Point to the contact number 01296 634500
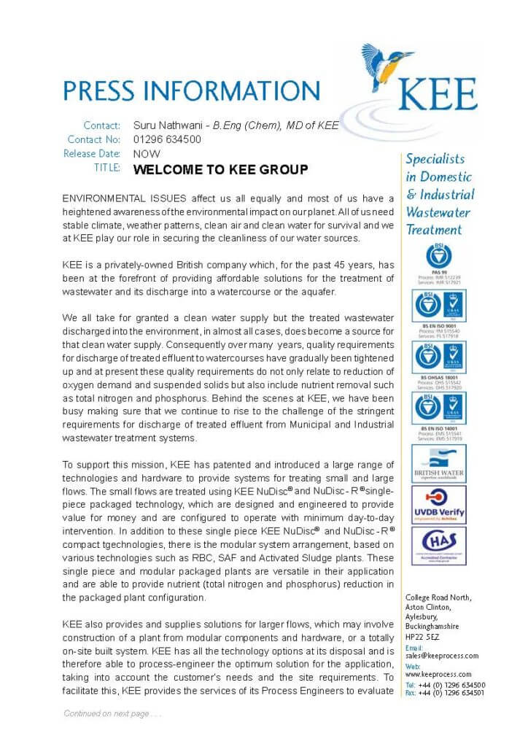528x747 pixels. click(167, 139)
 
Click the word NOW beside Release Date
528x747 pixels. click(147, 154)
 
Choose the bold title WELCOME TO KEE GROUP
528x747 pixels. click(220, 169)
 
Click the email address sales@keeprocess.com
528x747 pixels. click(442, 656)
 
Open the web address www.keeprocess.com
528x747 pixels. click(438, 675)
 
